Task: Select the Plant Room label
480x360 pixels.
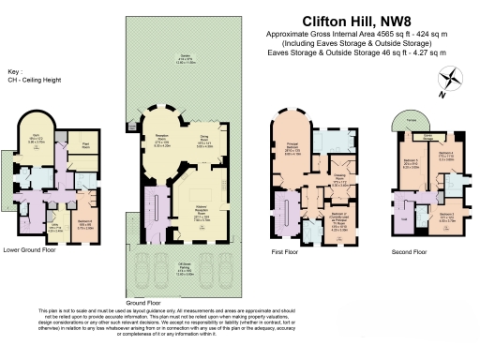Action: pos(85,145)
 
